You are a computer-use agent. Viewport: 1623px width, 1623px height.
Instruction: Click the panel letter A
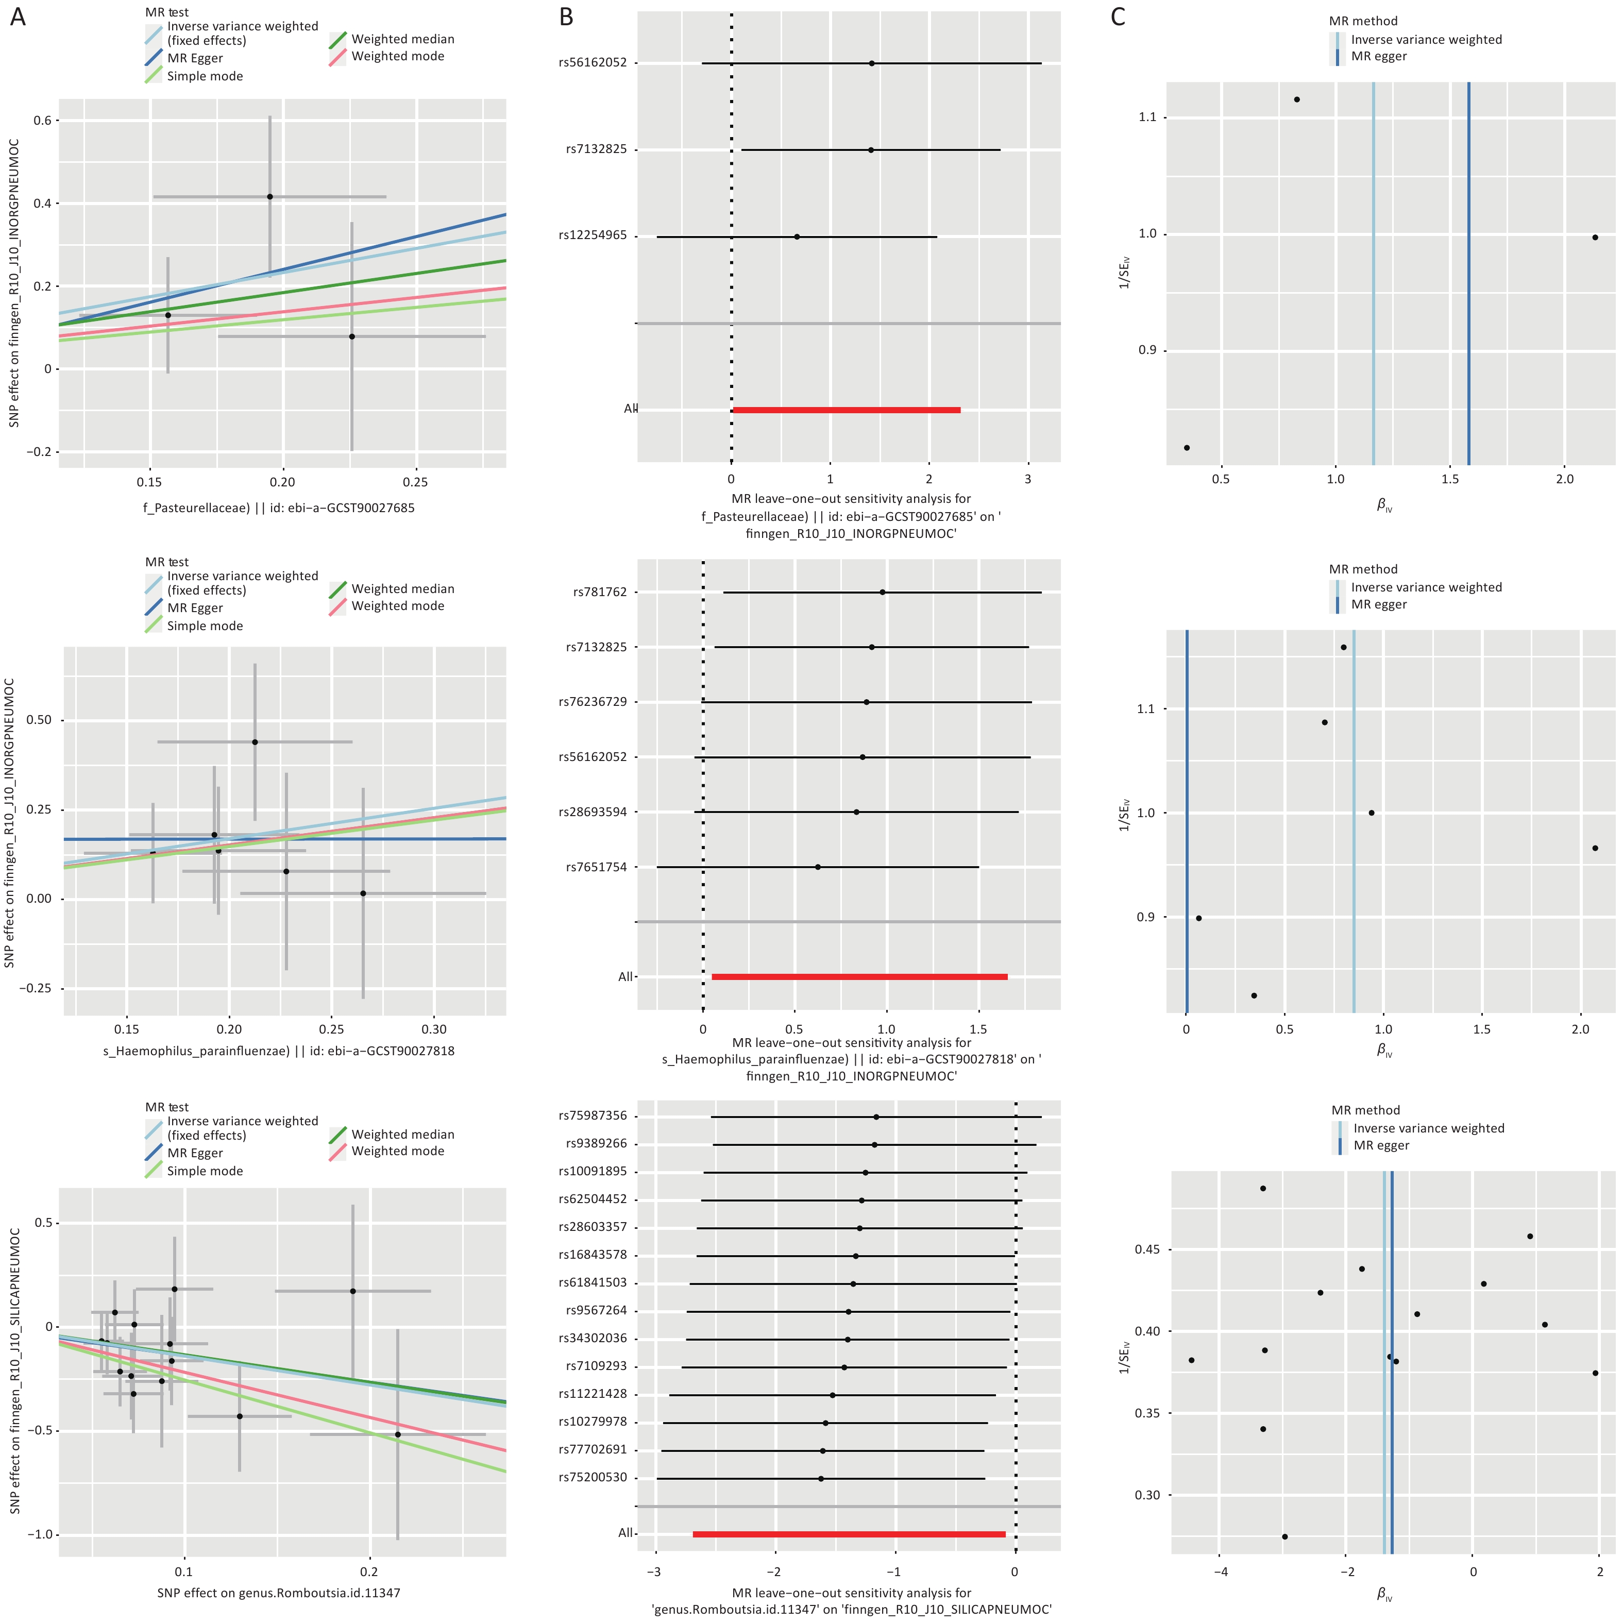click(18, 17)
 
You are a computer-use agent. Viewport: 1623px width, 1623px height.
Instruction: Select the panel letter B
click(566, 17)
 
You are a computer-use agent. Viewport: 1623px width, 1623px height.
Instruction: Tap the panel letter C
click(1117, 17)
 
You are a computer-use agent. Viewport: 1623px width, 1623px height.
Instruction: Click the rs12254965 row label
click(592, 235)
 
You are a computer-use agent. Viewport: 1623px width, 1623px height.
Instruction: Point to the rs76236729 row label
click(592, 701)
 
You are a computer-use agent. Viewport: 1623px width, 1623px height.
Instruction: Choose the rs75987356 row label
click(592, 1115)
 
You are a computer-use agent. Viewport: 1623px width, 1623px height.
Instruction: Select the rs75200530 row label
click(592, 1478)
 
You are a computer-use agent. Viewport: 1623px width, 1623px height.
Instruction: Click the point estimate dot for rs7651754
click(817, 867)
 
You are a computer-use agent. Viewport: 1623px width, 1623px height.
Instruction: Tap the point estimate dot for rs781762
click(882, 592)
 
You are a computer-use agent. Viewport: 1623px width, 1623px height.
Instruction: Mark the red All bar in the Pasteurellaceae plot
click(846, 410)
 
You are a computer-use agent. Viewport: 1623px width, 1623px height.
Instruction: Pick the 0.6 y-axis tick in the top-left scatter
click(42, 120)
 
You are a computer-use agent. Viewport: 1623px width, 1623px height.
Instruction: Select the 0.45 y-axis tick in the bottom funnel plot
click(1147, 1249)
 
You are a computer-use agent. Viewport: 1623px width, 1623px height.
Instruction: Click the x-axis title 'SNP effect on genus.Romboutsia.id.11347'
click(279, 1593)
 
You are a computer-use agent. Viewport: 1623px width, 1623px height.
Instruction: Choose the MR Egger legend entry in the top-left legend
click(194, 58)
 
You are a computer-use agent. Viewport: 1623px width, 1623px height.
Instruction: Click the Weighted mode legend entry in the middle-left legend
click(397, 606)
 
